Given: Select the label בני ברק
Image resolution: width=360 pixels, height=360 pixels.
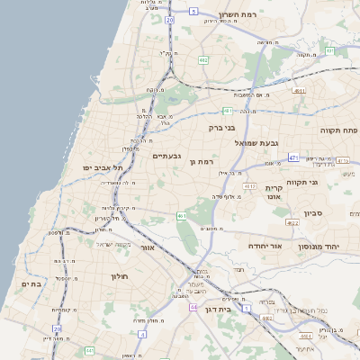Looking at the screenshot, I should point(247,128).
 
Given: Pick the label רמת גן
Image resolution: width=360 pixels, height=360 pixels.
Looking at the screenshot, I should point(206,161).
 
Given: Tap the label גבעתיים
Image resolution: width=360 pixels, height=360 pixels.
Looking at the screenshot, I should point(167,156).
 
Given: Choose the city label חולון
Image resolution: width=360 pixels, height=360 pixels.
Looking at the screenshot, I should point(121,275).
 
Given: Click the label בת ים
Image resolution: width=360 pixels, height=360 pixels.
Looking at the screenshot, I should point(31,283).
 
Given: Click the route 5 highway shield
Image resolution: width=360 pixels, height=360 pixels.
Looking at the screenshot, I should point(193,11).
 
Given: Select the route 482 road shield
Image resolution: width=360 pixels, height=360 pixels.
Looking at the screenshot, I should point(203,60).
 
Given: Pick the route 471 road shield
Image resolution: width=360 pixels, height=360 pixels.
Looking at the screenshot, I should point(293,157).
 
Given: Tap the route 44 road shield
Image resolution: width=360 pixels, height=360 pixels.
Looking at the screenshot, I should point(193,307).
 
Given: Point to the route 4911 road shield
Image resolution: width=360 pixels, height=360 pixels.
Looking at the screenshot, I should point(299,91).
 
